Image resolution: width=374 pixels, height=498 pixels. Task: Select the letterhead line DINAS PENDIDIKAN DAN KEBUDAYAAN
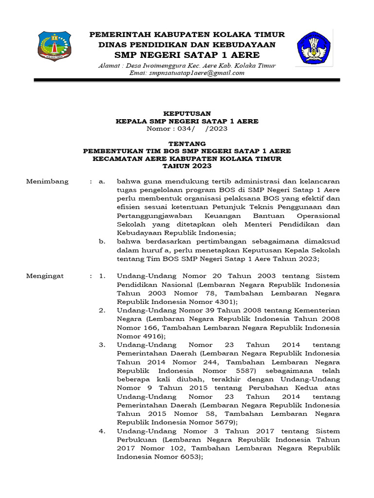coord(187,44)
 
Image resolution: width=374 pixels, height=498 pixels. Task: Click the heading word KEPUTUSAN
coord(187,113)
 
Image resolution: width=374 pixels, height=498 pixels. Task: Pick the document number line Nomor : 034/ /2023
coord(187,129)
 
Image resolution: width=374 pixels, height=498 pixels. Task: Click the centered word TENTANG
coord(187,144)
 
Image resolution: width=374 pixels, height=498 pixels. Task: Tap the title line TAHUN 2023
coord(187,166)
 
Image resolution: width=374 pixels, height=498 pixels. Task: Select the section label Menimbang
coord(47,181)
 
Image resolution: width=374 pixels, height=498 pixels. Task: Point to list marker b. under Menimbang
coord(102,241)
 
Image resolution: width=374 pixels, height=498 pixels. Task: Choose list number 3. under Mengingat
coord(102,345)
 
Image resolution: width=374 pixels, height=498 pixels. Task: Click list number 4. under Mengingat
coord(102,431)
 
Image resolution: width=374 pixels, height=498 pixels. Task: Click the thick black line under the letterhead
coord(187,80)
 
